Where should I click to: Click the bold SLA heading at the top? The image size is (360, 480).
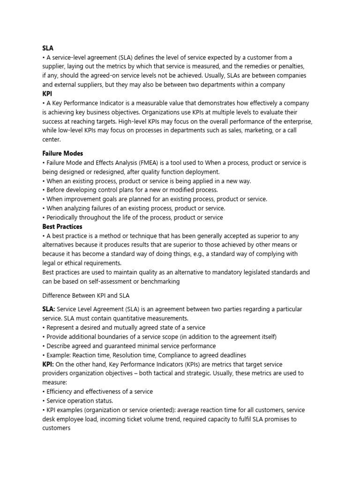point(47,48)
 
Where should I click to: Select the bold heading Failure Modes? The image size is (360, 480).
point(63,153)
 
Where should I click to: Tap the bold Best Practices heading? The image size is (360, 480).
point(62,226)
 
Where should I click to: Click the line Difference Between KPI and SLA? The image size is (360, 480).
point(86,295)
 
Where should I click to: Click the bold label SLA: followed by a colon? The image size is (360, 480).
point(49,309)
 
